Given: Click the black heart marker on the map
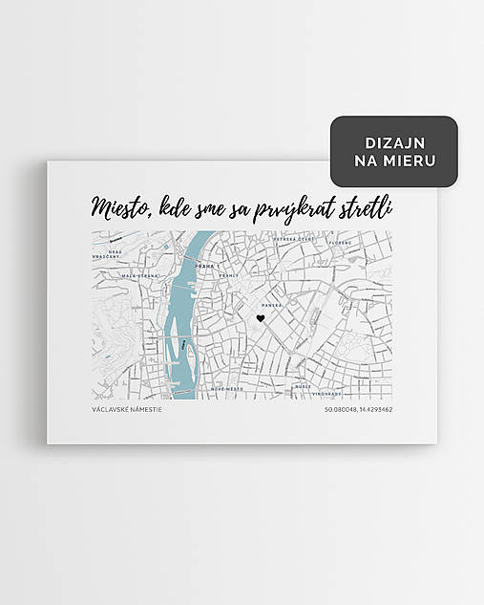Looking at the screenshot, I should click(259, 319).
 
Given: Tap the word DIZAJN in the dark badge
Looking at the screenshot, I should click(394, 142).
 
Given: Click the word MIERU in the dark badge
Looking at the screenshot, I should click(412, 161).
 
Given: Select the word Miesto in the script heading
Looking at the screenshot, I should click(118, 207).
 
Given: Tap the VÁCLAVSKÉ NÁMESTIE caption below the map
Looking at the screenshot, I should click(127, 410).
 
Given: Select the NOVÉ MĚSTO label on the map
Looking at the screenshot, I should click(228, 389).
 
